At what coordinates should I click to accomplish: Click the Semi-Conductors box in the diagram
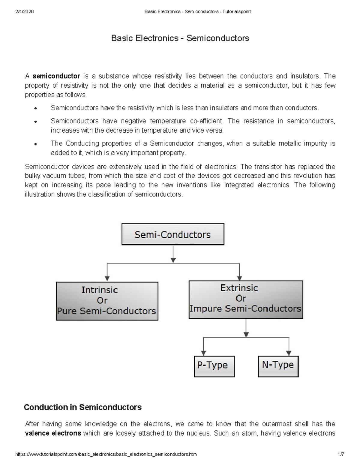click(x=172, y=234)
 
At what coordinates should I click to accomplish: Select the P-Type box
click(x=214, y=366)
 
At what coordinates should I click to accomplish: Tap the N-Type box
click(x=278, y=366)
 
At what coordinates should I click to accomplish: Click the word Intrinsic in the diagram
click(x=100, y=290)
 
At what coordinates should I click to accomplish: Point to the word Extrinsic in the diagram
click(x=239, y=288)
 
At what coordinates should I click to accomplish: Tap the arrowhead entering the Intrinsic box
click(x=107, y=278)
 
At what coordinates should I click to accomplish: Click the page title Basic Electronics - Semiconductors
click(x=180, y=38)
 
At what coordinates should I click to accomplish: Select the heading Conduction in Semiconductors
click(x=82, y=407)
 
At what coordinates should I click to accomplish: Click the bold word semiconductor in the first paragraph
click(x=56, y=76)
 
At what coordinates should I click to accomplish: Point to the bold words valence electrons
click(x=53, y=433)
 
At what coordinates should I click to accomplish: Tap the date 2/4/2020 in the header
click(x=24, y=12)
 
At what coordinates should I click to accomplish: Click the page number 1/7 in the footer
click(x=340, y=454)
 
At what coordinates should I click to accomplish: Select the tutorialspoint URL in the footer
click(x=106, y=454)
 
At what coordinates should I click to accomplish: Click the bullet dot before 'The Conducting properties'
click(x=35, y=144)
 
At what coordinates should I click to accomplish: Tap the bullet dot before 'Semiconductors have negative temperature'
click(x=35, y=122)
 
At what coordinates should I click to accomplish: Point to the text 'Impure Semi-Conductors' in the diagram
click(x=245, y=309)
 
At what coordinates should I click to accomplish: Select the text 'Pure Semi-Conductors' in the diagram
click(x=106, y=311)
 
